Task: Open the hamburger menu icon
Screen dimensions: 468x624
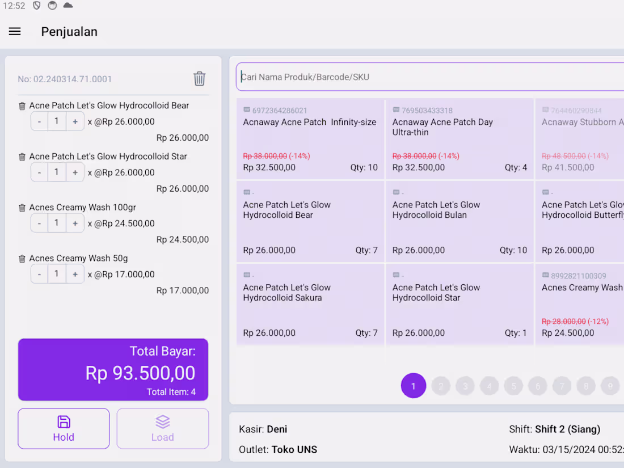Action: tap(15, 32)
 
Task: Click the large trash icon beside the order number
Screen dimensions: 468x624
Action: tap(199, 79)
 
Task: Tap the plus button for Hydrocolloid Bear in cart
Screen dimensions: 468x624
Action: tap(75, 121)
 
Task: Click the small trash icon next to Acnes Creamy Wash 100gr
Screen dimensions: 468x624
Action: tap(22, 208)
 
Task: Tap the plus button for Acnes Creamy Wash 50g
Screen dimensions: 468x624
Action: tap(75, 274)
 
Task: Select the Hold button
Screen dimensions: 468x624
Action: tap(64, 428)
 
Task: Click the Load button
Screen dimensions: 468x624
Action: tap(162, 428)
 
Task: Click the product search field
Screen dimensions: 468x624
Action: tap(431, 77)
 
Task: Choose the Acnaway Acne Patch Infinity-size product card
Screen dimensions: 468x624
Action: tap(310, 139)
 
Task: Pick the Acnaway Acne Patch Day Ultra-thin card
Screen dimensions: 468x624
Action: tap(459, 139)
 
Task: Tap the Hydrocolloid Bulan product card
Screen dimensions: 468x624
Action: tap(459, 222)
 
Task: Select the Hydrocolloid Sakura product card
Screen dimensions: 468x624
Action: tap(310, 305)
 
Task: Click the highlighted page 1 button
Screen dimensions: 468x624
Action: tap(414, 386)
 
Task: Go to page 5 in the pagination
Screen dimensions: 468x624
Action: tap(513, 386)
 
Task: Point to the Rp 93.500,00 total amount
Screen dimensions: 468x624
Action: tap(140, 373)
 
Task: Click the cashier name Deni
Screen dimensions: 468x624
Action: tap(277, 429)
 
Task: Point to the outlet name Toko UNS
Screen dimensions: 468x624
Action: tap(294, 450)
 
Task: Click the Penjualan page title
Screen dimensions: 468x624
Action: tap(69, 32)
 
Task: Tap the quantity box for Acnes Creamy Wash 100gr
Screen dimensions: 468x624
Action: tap(57, 223)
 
